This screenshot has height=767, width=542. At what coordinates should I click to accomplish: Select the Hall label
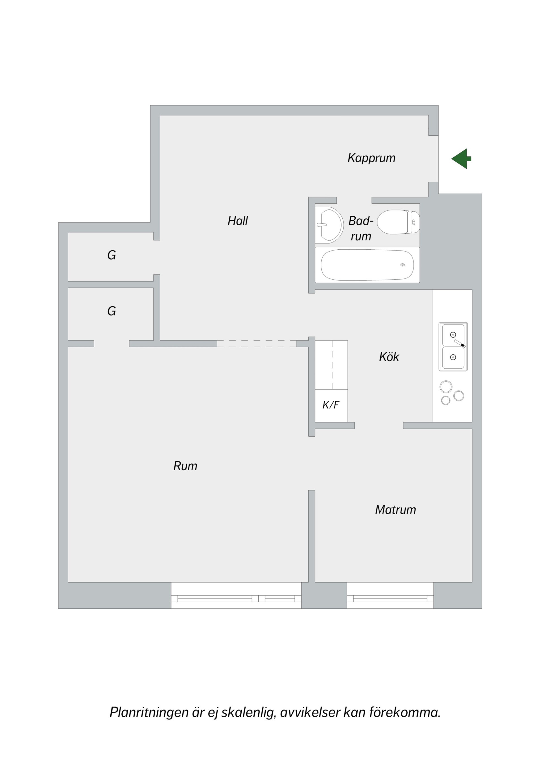(237, 221)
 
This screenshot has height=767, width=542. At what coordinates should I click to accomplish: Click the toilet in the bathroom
(398, 222)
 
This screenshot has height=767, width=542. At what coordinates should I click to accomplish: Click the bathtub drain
(403, 265)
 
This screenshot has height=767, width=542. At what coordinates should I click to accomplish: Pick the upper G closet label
(112, 255)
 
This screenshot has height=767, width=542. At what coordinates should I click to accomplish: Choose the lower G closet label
(112, 311)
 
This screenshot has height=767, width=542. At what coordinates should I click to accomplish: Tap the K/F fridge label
(331, 405)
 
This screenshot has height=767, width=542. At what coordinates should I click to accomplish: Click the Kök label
(389, 357)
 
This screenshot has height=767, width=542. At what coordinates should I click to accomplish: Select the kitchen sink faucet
(460, 343)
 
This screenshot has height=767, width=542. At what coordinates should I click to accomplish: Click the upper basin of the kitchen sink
(453, 335)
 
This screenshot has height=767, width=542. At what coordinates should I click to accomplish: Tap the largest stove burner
(446, 387)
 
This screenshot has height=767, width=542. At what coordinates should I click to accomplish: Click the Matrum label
(395, 510)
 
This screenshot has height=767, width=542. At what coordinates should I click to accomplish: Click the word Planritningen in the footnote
(149, 713)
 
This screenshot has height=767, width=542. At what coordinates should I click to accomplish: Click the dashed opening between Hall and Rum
(257, 344)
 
